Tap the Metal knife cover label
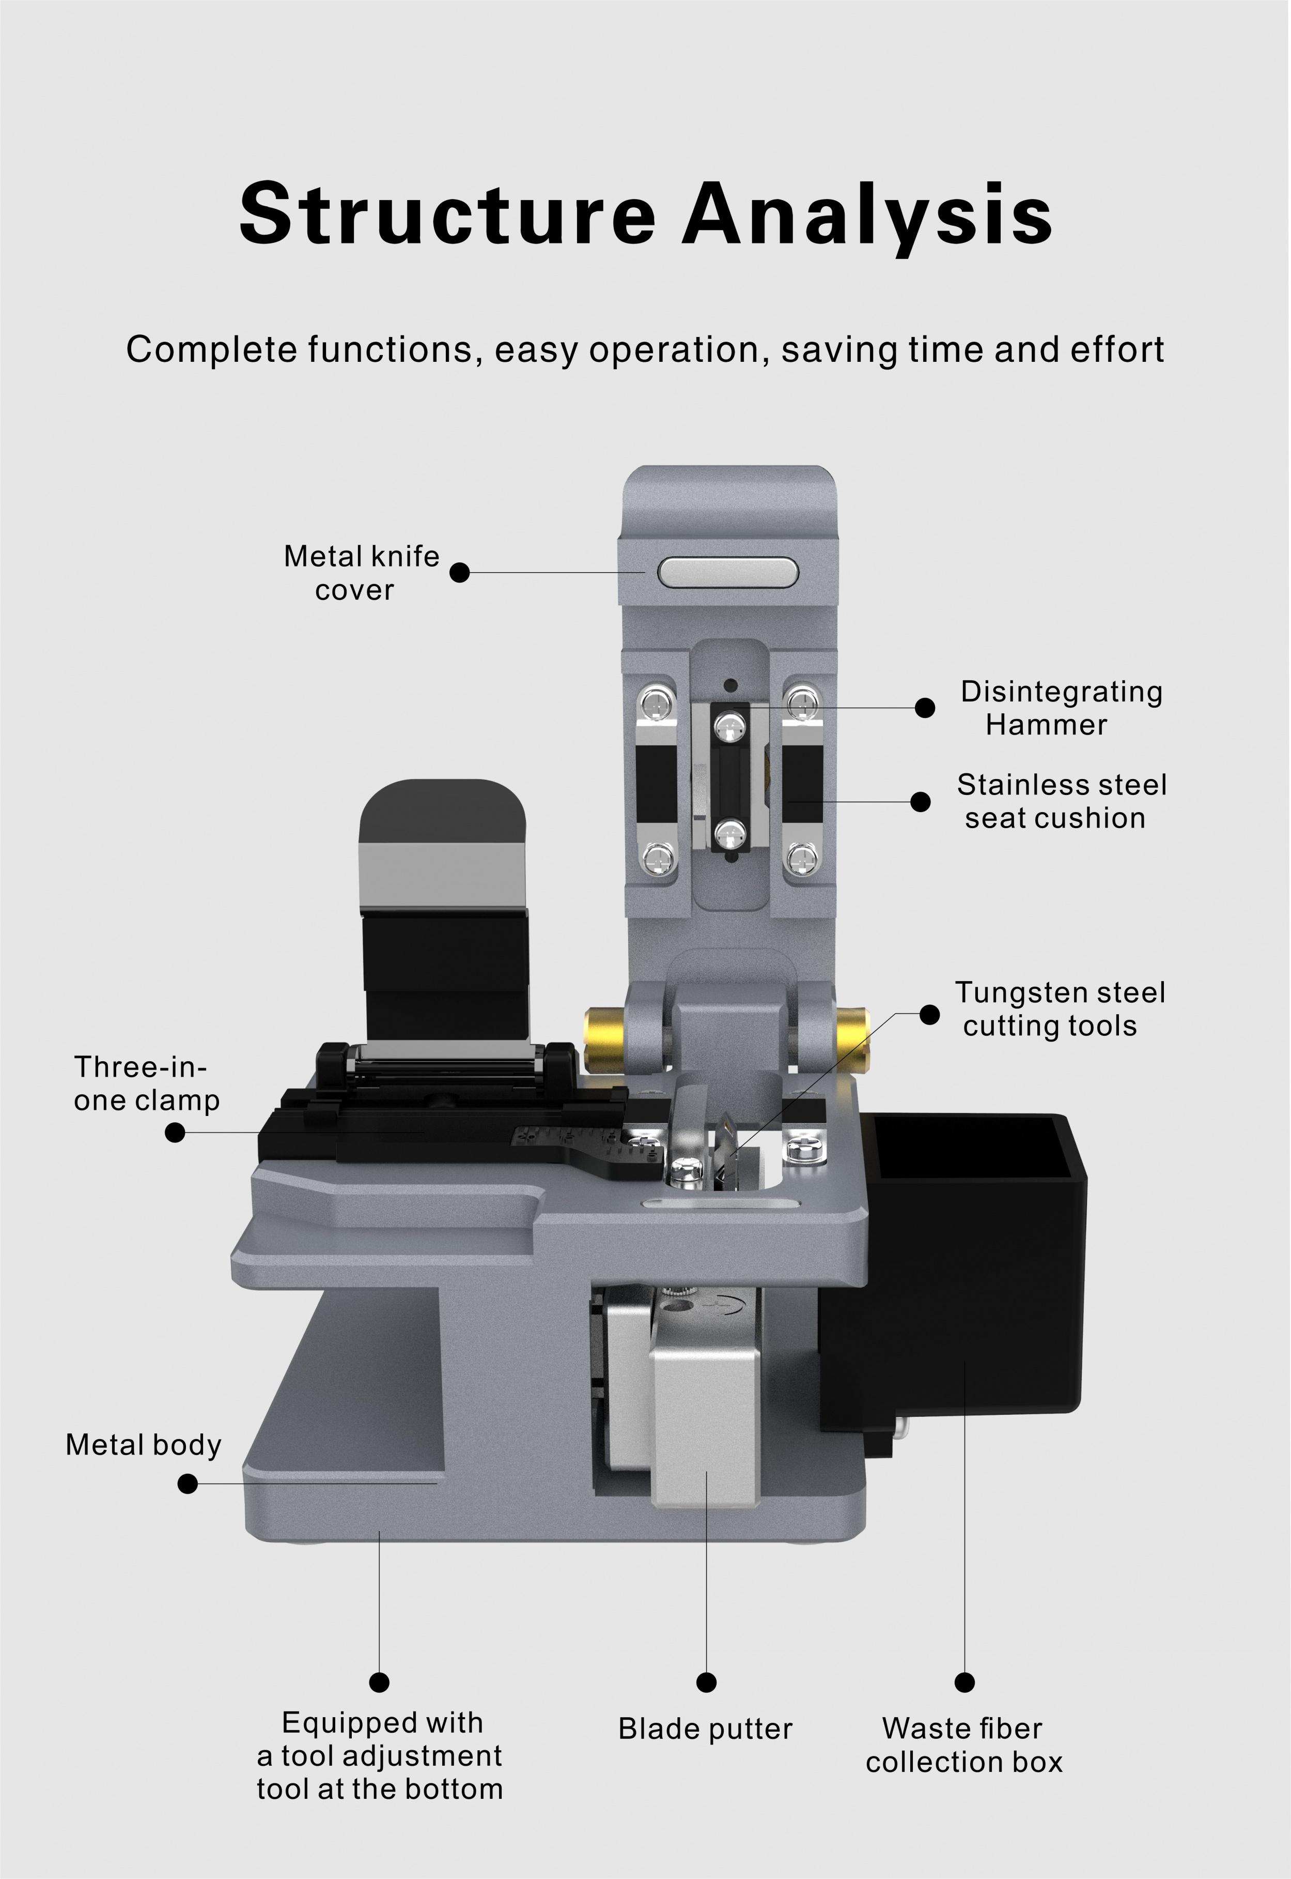coord(361,573)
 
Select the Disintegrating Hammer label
coord(1061,708)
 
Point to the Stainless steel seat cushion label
coord(1061,801)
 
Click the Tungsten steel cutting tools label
coord(1060,1009)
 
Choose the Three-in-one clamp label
coord(146,1083)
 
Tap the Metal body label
coord(143,1444)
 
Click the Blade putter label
coord(705,1729)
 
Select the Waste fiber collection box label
coord(963,1745)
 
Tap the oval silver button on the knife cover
coord(728,572)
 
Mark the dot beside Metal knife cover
coord(459,572)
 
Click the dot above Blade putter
coord(706,1683)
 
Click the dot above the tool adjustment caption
coord(379,1683)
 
